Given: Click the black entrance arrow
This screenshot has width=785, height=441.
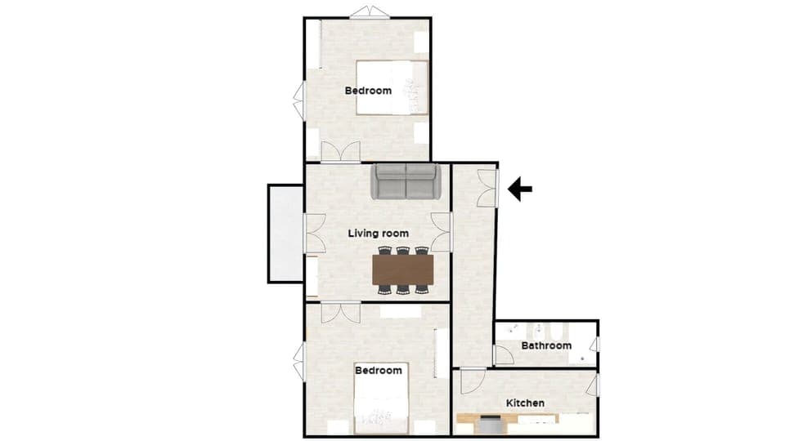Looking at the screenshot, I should click(x=520, y=189).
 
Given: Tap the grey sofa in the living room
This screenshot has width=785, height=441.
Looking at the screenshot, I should click(x=406, y=181).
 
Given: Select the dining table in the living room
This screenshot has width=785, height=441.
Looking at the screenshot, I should click(x=402, y=269).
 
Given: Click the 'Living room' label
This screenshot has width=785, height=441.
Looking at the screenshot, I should click(x=378, y=234).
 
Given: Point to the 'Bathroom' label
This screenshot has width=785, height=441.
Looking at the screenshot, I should click(x=546, y=345).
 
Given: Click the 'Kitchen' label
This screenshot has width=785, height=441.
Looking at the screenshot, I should click(x=525, y=403).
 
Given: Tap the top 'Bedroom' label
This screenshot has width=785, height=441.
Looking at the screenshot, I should click(x=368, y=91).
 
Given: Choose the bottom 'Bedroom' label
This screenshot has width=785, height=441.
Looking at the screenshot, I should click(x=379, y=371).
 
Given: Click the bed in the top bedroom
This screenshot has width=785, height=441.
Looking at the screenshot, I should click(x=392, y=87).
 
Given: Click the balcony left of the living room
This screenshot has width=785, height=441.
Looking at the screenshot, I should click(x=285, y=234).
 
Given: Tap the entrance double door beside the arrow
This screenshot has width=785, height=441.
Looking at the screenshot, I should click(x=488, y=188).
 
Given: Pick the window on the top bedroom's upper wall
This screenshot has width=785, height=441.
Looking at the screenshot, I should click(x=369, y=13).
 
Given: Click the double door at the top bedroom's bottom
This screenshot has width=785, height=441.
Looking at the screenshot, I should click(x=340, y=153).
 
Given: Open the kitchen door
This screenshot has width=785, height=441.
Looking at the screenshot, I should click(x=472, y=381).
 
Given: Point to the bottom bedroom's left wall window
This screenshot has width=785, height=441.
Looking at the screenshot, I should click(x=299, y=362).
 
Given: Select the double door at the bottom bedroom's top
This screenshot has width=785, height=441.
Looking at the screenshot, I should click(x=340, y=312).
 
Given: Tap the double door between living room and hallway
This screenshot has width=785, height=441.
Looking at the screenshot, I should click(x=442, y=232).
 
